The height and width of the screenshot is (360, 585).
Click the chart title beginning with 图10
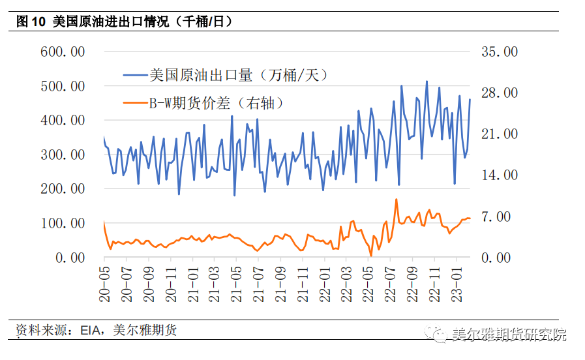[124, 22]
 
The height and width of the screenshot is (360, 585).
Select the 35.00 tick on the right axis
[499, 52]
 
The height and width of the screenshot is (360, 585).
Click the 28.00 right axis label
[499, 93]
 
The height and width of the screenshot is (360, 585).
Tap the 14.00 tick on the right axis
[499, 175]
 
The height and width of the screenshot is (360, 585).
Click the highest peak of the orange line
[397, 200]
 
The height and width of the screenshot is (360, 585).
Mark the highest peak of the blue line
[427, 82]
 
